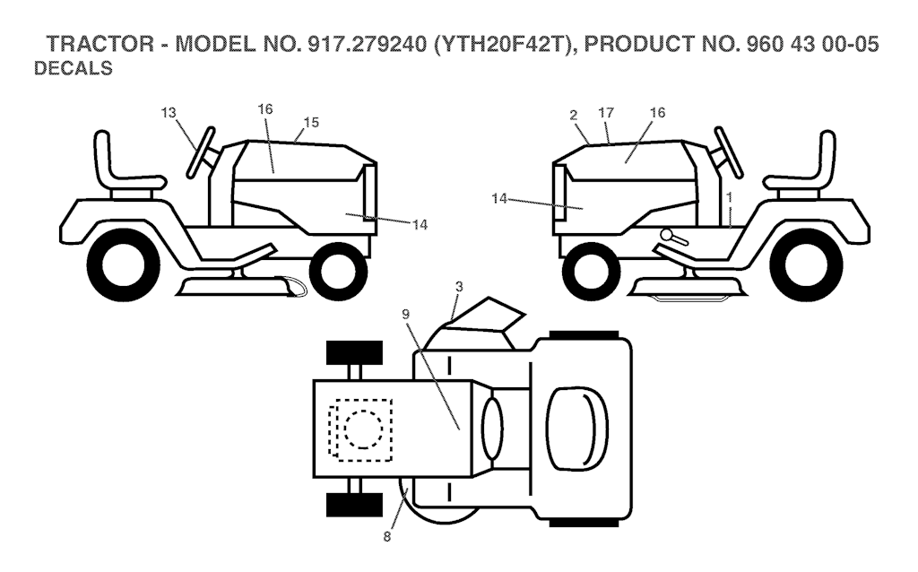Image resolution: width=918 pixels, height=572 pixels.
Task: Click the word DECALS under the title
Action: tap(73, 69)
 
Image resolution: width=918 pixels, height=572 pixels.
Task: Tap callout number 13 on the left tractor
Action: tap(169, 113)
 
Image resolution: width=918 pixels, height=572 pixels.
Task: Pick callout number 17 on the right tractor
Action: tap(606, 113)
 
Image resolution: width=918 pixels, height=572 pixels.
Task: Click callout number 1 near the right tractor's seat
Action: tap(730, 195)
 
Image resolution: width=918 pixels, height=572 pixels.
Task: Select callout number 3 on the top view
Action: tap(458, 287)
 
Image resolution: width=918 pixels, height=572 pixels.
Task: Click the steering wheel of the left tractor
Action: tap(202, 152)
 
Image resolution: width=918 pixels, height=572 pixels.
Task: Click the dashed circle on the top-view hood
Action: tap(363, 429)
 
